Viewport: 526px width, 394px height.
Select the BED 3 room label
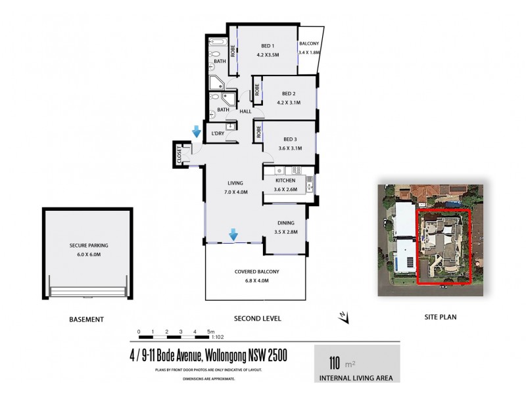click(289, 139)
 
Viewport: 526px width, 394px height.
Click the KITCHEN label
click(285, 181)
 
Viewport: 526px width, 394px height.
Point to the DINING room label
click(285, 223)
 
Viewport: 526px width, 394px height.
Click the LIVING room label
click(235, 183)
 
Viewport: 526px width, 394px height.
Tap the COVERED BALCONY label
click(256, 271)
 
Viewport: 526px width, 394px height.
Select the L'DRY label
click(218, 134)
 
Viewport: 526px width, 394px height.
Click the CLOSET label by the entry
click(179, 155)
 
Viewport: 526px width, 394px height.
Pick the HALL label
click(245, 112)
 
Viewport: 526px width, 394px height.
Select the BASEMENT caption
click(86, 319)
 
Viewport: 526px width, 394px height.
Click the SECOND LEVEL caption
click(258, 318)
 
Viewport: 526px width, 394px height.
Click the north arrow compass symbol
click(343, 317)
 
